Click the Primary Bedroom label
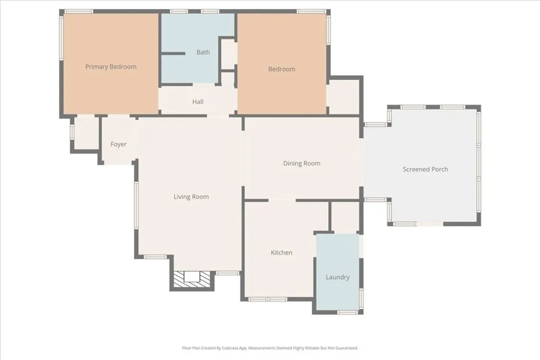(x=111, y=67)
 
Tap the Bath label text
(x=203, y=52)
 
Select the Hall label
(x=198, y=102)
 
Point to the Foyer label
(x=119, y=144)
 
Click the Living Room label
(x=191, y=197)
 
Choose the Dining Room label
(x=302, y=163)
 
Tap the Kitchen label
(x=282, y=253)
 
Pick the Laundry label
(x=337, y=277)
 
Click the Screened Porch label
(x=425, y=169)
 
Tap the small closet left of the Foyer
(x=86, y=134)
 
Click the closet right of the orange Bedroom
(x=343, y=96)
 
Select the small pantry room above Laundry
(x=346, y=216)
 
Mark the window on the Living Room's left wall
(x=136, y=206)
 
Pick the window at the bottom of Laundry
(x=347, y=313)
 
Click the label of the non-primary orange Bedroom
(x=282, y=69)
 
